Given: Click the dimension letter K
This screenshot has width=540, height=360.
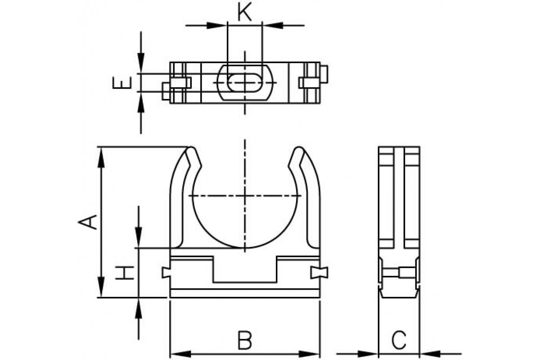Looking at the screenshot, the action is (244, 12).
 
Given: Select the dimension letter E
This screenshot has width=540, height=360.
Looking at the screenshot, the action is (122, 83).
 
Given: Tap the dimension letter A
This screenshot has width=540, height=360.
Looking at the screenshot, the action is (87, 222).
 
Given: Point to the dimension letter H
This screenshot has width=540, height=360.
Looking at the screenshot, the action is (125, 273).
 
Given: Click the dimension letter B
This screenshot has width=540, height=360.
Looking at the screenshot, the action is (245, 341).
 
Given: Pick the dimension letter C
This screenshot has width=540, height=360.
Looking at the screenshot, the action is (399, 341).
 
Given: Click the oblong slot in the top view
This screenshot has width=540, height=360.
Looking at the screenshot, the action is (245, 83).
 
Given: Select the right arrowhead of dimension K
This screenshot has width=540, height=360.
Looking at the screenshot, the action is (272, 25).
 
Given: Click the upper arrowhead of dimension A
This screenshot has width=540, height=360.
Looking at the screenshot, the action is (101, 157).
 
